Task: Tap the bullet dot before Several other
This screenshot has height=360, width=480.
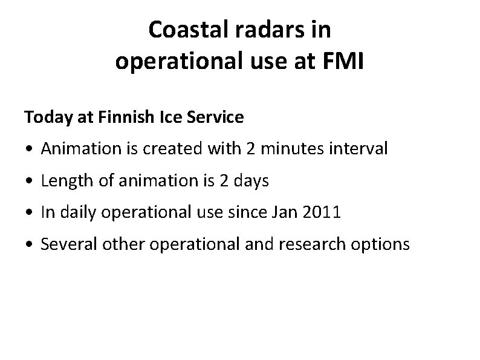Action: [29, 245]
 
